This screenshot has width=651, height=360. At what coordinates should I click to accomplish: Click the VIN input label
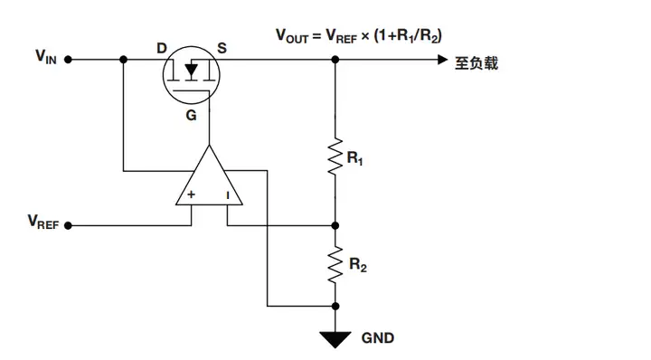[45, 59]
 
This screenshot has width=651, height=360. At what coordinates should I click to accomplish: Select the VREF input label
[42, 223]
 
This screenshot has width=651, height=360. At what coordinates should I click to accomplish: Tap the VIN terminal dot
[69, 61]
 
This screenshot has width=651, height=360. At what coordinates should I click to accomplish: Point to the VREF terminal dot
[69, 225]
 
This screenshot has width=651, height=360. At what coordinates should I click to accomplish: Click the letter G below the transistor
[191, 117]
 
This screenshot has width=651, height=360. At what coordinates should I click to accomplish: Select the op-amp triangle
[208, 181]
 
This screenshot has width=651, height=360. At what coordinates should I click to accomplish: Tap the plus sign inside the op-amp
[191, 194]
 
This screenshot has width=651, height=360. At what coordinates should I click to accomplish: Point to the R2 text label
[356, 266]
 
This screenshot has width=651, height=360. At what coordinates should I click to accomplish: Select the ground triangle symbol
[335, 338]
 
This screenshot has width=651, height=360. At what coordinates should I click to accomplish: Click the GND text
[378, 338]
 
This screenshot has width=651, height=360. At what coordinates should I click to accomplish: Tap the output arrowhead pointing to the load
[441, 61]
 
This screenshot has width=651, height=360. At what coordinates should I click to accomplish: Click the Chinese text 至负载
[476, 62]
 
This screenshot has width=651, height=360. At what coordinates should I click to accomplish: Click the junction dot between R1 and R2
[335, 225]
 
